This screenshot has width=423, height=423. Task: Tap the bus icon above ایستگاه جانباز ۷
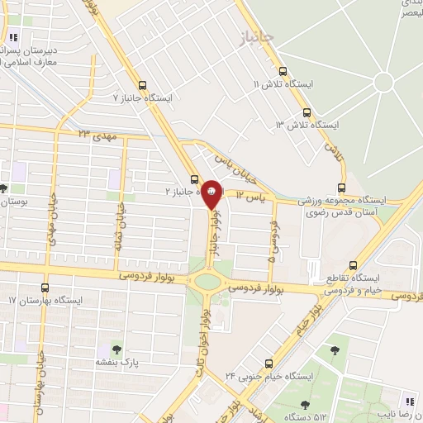[x=143, y=84]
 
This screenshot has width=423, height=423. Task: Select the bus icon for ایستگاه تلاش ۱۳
[x=305, y=111]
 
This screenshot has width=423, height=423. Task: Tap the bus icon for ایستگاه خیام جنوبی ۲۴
[x=268, y=364]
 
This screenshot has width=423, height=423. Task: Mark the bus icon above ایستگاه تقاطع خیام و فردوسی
[x=354, y=266]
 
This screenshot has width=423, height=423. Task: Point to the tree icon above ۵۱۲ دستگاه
[x=306, y=405]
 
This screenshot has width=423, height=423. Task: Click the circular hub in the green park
[x=383, y=83]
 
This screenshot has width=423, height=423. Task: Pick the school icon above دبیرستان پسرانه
[x=12, y=37]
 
